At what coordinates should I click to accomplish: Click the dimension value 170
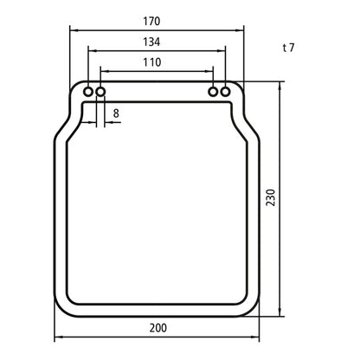click(157, 20)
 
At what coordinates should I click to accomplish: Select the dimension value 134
click(157, 42)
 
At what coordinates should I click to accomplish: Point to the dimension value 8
click(116, 112)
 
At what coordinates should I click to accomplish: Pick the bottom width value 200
click(157, 328)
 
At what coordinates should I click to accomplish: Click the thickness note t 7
click(289, 48)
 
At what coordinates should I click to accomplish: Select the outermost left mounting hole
click(88, 91)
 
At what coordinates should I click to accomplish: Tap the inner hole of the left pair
click(101, 91)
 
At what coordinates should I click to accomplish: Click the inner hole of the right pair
click(213, 91)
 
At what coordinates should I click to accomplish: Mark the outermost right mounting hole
click(226, 91)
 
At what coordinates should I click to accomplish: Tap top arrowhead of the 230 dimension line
click(280, 86)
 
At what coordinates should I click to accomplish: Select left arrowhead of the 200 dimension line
click(58, 337)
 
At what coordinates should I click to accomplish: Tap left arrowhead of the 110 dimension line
click(105, 72)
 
